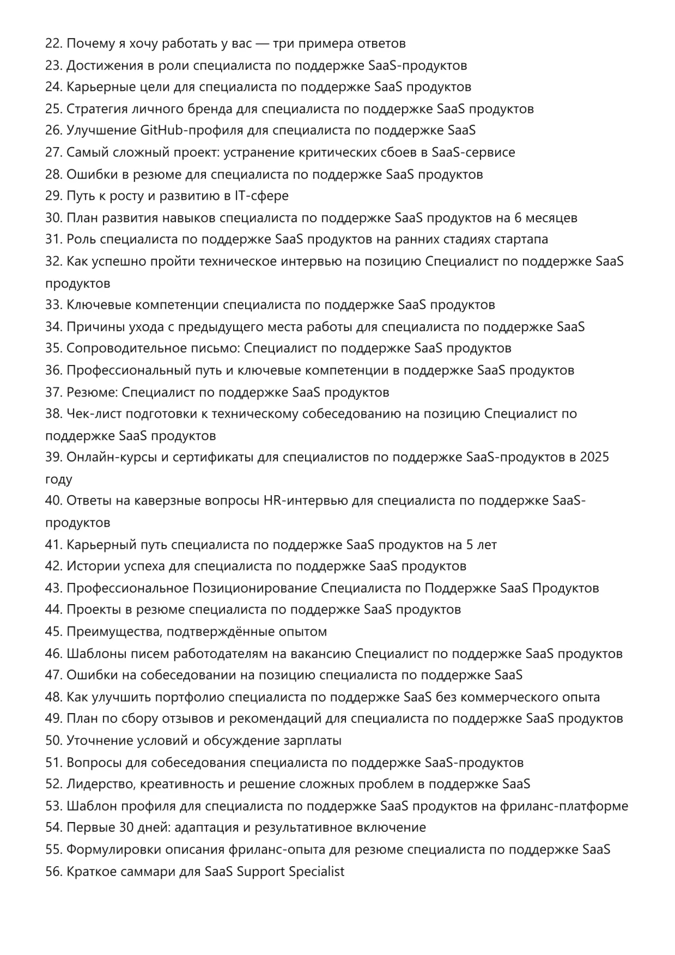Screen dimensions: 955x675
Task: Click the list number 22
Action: (x=53, y=44)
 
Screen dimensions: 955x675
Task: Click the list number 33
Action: (x=53, y=305)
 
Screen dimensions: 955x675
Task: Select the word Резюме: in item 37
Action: (x=92, y=392)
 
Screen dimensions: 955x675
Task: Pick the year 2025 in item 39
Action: (x=594, y=458)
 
